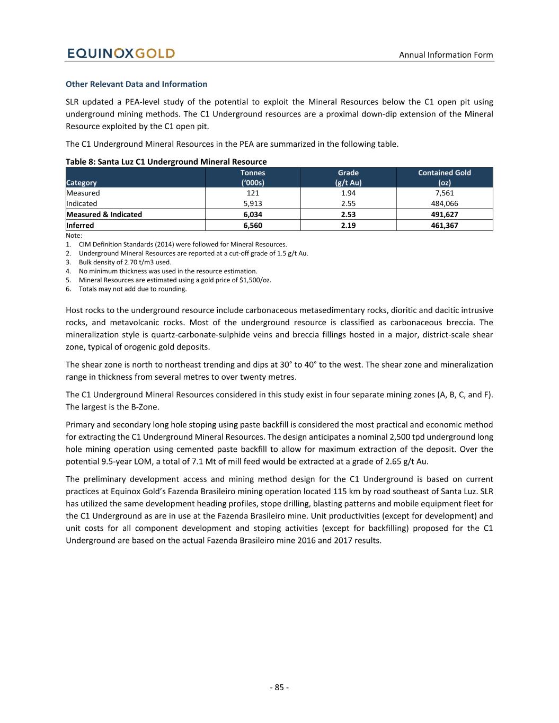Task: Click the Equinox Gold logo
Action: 121,53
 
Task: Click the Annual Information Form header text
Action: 446,55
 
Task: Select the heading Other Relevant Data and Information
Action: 136,84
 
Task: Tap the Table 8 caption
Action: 166,162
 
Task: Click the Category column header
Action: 82,183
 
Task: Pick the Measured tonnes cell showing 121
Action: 253,193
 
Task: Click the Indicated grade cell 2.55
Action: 348,204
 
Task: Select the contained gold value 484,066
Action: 444,204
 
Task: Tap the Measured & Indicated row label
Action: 104,215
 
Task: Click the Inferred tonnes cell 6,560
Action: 253,226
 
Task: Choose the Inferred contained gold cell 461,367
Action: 444,226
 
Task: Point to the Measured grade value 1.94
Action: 348,193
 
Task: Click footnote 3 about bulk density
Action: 125,262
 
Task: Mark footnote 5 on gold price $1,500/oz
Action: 175,280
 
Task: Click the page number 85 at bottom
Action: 279,688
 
